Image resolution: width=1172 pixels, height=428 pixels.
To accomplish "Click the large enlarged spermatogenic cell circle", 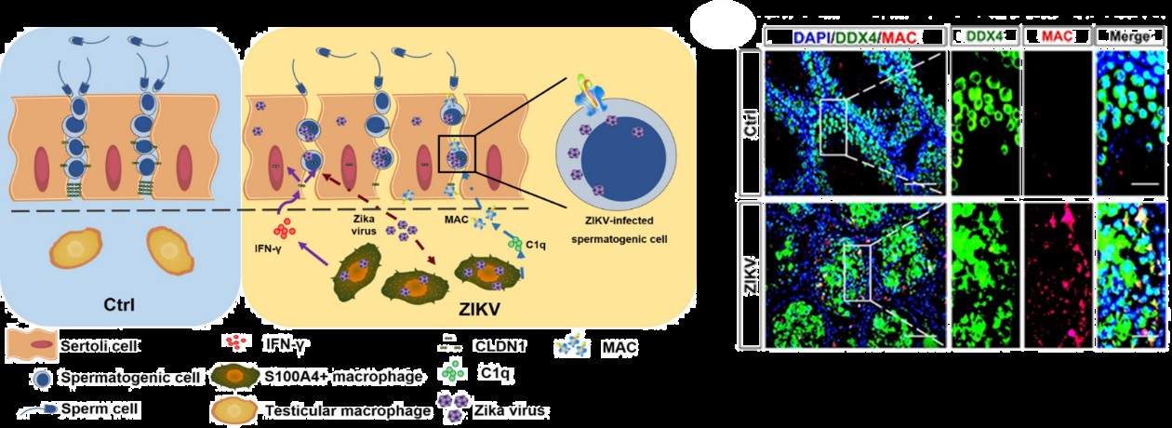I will click(x=614, y=158).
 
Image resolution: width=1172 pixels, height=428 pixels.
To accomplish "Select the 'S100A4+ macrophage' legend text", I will click(x=336, y=377).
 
